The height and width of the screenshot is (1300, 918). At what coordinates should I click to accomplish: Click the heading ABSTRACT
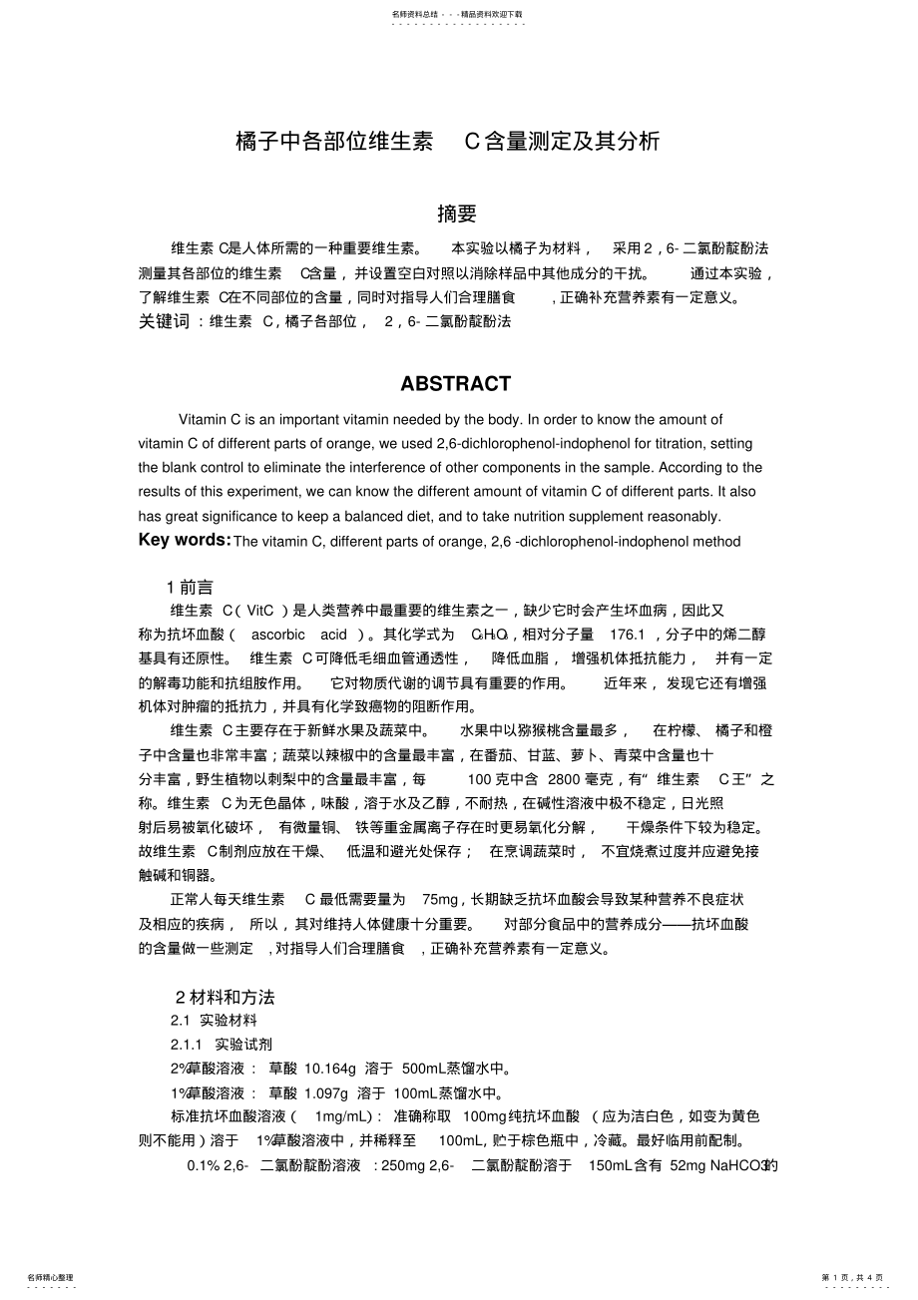pos(456,384)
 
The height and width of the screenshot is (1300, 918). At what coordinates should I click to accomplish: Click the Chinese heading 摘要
pos(457,214)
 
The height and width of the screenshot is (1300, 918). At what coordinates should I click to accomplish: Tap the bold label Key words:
pos(185,540)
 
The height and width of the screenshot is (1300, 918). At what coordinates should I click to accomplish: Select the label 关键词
pos(164,322)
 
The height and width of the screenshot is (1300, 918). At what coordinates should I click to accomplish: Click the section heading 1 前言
pos(190,588)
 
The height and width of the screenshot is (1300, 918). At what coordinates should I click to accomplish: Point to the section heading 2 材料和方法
pos(225,997)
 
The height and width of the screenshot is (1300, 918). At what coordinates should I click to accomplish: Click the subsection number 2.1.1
pos(187,1044)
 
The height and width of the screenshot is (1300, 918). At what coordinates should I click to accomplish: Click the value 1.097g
pos(322,1092)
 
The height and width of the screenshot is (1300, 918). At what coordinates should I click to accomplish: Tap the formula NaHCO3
pos(741,1165)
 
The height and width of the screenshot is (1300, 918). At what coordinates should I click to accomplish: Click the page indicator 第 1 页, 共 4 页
pos(852,1277)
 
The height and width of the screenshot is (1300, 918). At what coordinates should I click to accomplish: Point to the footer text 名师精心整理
pos(50,1277)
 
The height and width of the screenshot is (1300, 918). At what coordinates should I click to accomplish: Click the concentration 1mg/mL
pos(342,1116)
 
